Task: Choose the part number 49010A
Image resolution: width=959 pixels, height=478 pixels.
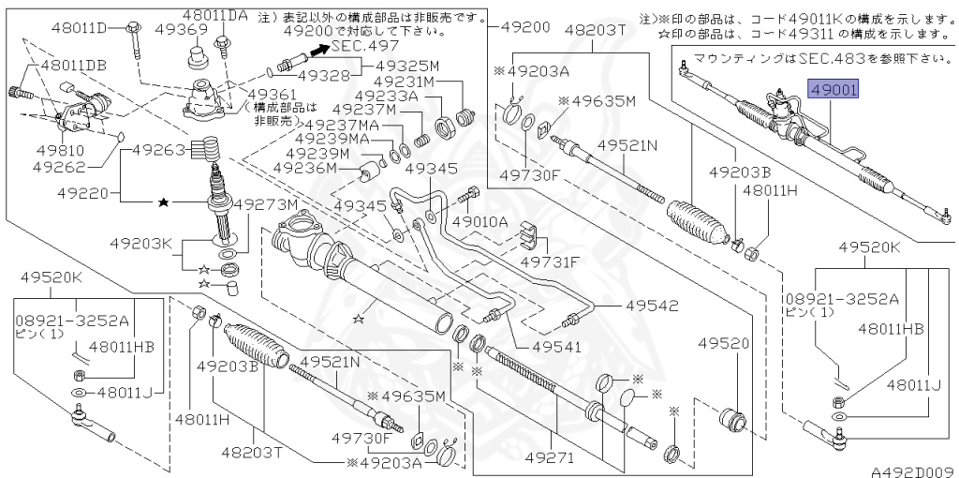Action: pyautogui.click(x=479, y=222)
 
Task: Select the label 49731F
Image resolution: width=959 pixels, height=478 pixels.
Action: pyautogui.click(x=550, y=261)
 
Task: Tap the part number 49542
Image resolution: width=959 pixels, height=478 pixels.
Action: pyautogui.click(x=652, y=306)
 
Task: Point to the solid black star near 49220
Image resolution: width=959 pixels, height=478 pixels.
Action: pyautogui.click(x=164, y=202)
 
